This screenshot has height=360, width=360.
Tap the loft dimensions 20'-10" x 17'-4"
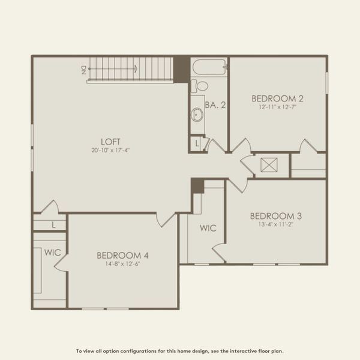tap(111, 150)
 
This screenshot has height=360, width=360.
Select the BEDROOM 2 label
tap(277, 98)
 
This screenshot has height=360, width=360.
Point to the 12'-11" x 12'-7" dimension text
tap(277, 107)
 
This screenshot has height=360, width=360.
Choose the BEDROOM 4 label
tap(122, 256)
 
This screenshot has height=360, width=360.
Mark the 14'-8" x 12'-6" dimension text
tap(122, 264)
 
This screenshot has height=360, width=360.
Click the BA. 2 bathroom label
tap(215, 105)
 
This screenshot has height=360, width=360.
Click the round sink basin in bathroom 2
tap(197, 113)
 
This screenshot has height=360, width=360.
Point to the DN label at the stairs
tap(83, 70)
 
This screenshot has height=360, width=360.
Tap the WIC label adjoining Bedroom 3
tap(208, 229)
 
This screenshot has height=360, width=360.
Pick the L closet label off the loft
tap(54, 225)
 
